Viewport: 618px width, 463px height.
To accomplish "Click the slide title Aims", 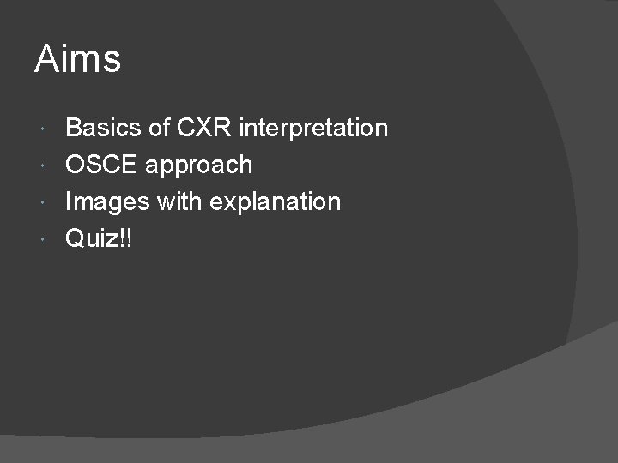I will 77,60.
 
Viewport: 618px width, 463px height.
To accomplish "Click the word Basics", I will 103,129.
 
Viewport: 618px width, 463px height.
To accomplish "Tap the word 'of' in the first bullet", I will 159,129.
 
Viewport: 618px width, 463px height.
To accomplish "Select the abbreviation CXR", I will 205,129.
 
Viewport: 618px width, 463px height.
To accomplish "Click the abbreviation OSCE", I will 102,165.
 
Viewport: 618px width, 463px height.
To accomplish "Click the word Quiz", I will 91,238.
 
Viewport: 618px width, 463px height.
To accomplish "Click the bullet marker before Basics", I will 44,129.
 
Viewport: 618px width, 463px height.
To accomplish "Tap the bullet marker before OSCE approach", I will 44,165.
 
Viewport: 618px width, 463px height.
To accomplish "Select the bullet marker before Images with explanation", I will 44,202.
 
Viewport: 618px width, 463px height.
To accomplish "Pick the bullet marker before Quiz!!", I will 44,238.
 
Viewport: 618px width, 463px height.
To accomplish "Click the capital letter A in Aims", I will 45,59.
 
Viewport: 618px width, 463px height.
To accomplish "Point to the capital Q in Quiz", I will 76,238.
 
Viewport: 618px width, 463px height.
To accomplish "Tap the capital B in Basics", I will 74,129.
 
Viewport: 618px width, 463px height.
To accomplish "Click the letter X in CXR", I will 205,129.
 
